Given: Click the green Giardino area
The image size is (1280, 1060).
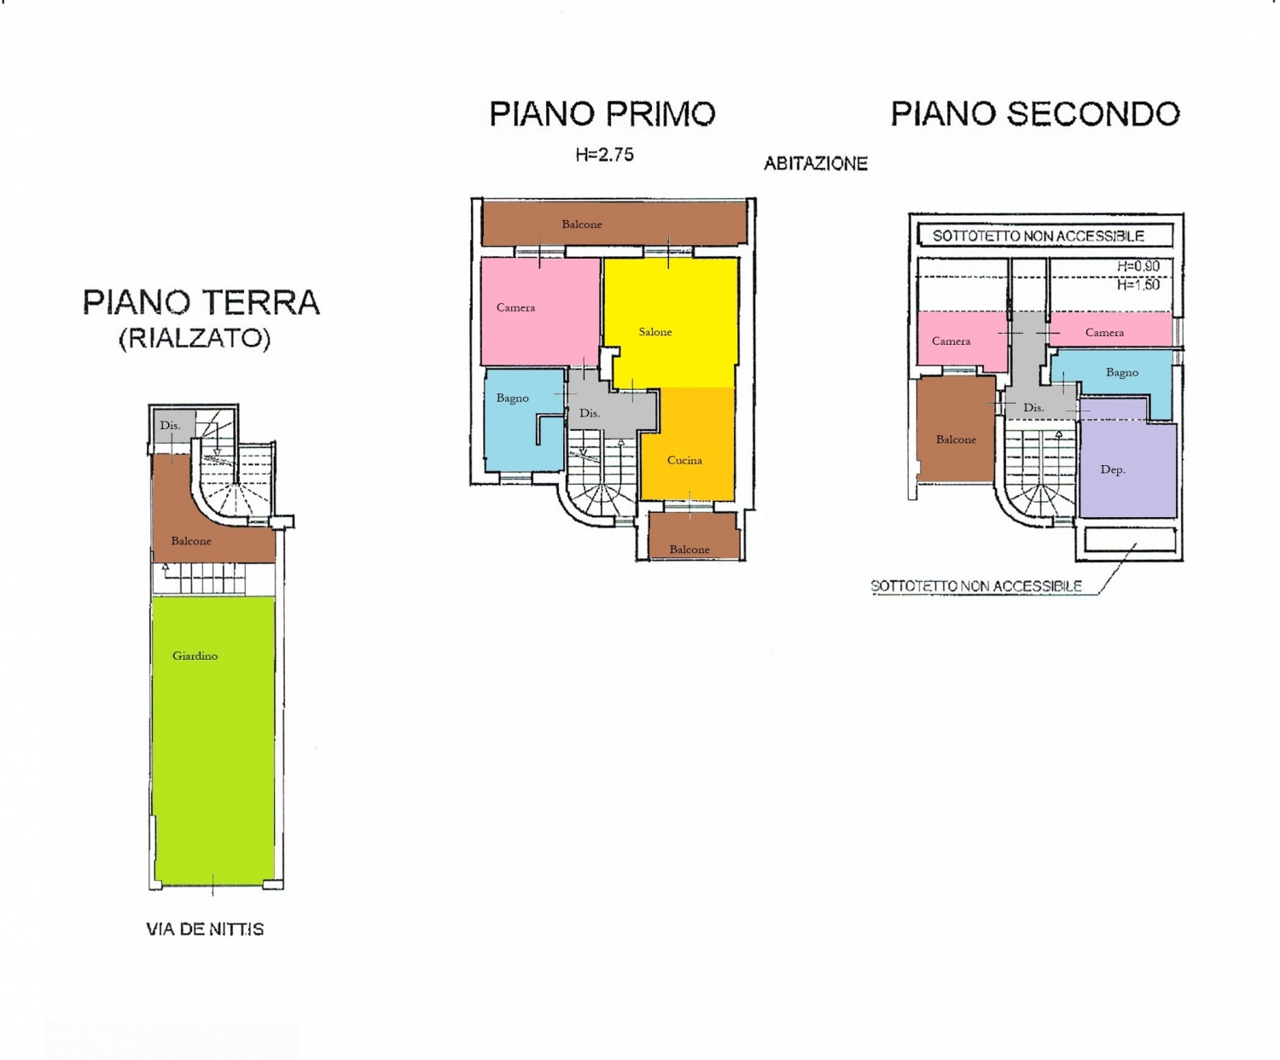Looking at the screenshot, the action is (x=213, y=741).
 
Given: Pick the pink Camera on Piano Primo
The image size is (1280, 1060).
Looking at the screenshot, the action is (x=540, y=311).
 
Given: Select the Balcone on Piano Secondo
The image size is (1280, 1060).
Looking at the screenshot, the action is (x=956, y=429).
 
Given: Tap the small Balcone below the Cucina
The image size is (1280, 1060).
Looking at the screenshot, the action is (x=694, y=535).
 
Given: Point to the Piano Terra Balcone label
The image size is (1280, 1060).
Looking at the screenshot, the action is (x=191, y=541).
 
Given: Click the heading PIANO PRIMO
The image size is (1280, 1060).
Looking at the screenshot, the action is (x=602, y=114).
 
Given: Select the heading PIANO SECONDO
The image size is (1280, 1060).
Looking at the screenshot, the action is (x=1035, y=114).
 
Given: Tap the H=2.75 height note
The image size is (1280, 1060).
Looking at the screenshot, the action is (x=604, y=154).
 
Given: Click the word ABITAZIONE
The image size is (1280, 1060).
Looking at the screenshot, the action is (x=815, y=164).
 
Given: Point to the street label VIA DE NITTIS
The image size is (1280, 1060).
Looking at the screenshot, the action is (x=205, y=929).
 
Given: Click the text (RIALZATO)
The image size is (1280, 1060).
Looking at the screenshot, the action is (x=195, y=339).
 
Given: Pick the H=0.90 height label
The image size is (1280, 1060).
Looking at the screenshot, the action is (x=1138, y=266).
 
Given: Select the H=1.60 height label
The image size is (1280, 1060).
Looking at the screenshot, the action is (x=1138, y=285).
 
